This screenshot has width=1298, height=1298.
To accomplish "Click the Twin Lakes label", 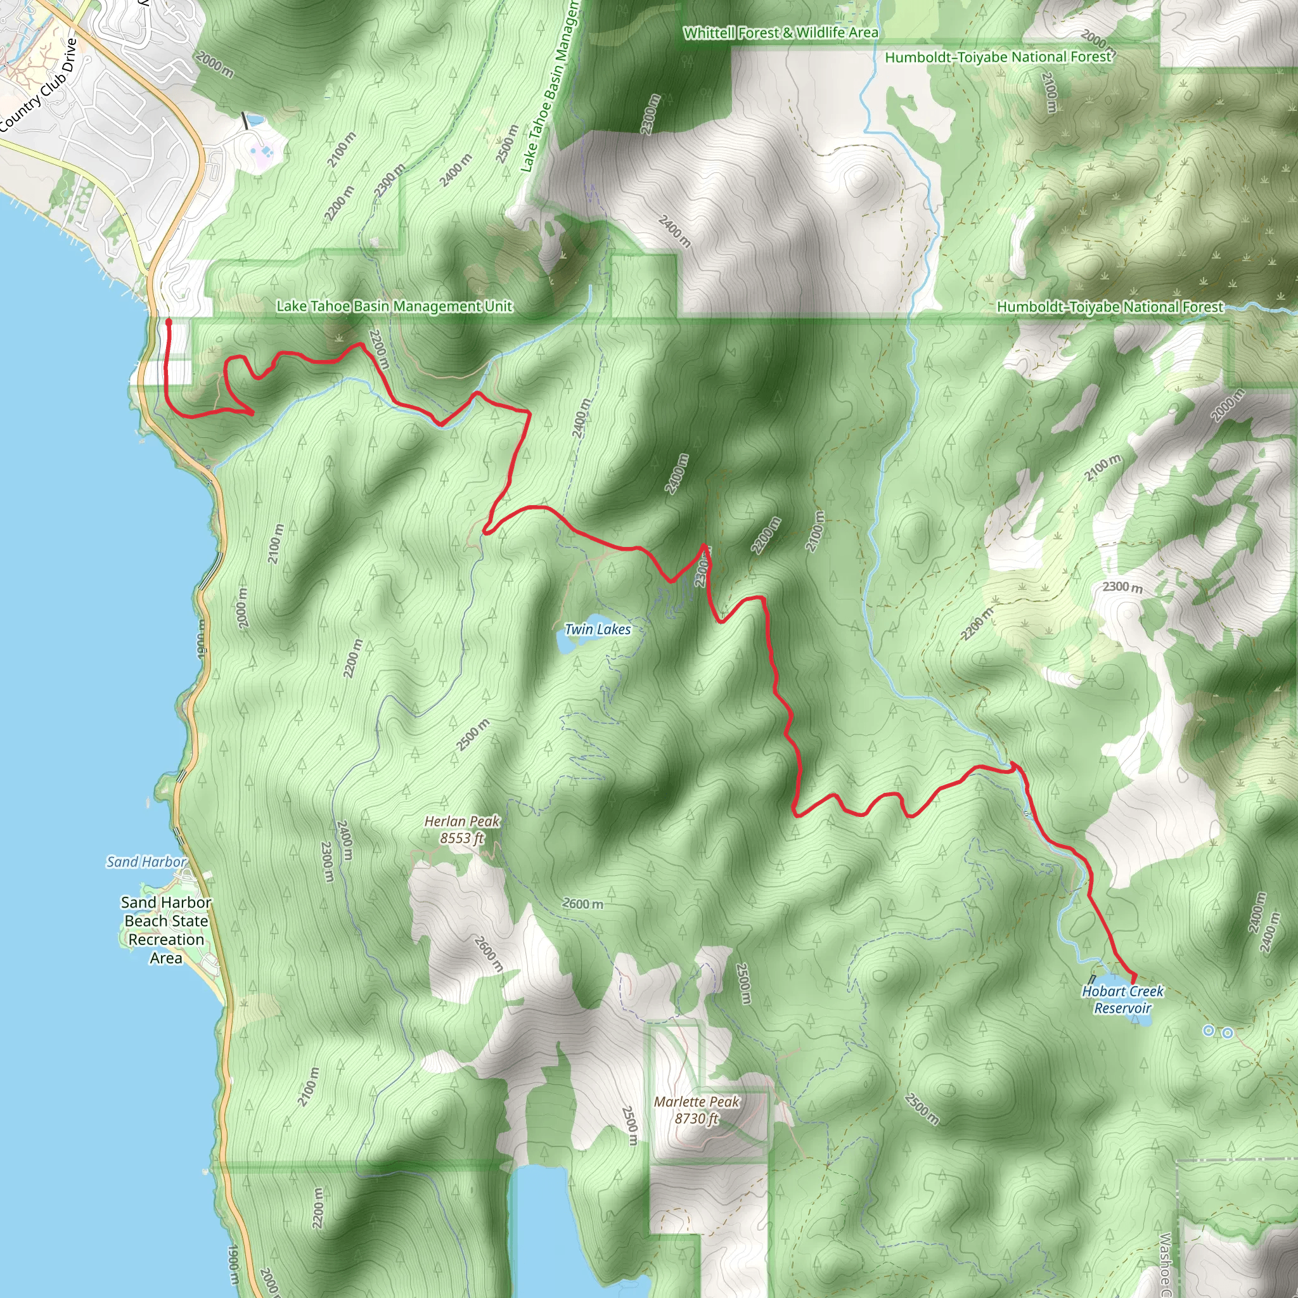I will pos(597,629).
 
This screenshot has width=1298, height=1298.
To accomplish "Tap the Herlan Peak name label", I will pos(461,821).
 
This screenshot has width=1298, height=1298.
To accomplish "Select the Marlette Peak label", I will pos(696,1102).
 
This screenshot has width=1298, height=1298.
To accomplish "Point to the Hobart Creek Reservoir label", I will pos(1122,999).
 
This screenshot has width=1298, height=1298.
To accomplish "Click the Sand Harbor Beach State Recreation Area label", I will pos(166,930).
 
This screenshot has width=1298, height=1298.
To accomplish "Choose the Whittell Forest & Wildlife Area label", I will pos(780,32).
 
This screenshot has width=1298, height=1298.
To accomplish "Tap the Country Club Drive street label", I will pos(39,86).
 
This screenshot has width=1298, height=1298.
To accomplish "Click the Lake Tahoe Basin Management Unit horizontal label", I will pos(394,306).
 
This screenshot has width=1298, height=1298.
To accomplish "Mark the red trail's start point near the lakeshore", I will pos(169,323).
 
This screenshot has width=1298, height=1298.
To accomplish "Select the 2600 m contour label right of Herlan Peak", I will pos(582,904).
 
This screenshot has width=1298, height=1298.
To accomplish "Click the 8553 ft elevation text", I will pos(461,839).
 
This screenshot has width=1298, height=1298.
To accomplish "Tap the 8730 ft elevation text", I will pos(696,1119).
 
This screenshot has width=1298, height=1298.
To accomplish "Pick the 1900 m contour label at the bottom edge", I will pos(232,1264).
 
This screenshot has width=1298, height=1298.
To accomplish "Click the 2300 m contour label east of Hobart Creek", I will pos(1122,586).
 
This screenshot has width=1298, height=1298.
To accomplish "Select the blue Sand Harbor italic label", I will pos(146,862).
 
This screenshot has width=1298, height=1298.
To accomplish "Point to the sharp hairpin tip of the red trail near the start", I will pos(252,413).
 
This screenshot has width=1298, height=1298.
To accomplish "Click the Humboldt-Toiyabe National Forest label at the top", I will pos(998,57).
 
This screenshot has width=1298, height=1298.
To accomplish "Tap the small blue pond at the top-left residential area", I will pos(255,121).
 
